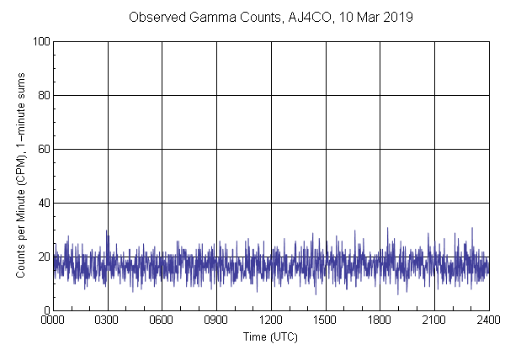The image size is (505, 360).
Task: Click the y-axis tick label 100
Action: click(40, 41)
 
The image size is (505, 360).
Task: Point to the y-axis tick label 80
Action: click(43, 95)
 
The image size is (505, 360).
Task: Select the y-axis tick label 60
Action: click(43, 149)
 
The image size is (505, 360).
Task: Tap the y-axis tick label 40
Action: click(43, 203)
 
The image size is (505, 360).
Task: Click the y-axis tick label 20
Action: click(43, 257)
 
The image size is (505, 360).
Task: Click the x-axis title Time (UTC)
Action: click(270, 336)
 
